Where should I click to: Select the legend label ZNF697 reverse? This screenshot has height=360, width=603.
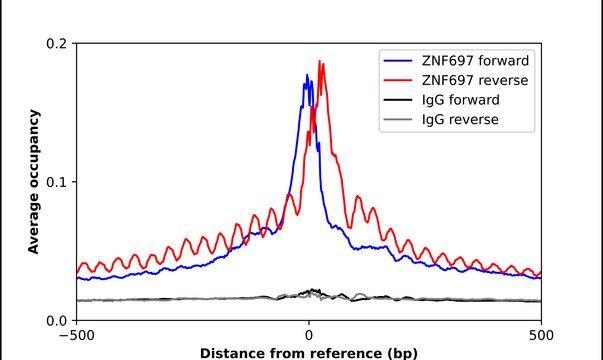(x=471, y=80)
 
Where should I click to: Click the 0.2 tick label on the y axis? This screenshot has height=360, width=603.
(x=58, y=44)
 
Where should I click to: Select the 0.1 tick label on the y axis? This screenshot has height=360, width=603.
(x=58, y=182)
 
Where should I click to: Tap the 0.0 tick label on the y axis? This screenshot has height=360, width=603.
(x=58, y=320)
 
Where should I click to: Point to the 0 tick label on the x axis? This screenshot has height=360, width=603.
(x=309, y=336)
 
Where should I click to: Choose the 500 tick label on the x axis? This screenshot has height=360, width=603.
(x=541, y=336)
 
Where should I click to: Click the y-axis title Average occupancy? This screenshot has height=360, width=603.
(x=34, y=182)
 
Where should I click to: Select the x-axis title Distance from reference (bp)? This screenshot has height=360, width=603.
(x=309, y=353)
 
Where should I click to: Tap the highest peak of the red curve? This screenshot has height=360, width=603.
(x=319, y=62)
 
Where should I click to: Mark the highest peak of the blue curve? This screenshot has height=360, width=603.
(x=307, y=75)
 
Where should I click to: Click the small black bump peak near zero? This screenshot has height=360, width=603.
(x=314, y=290)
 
